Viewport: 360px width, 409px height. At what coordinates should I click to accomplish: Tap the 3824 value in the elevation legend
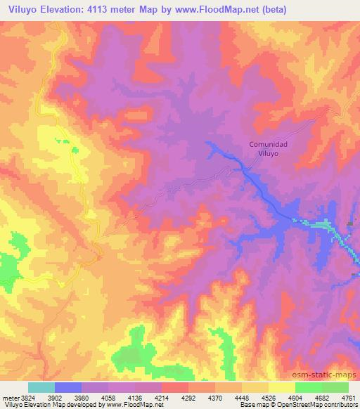[x=27, y=397]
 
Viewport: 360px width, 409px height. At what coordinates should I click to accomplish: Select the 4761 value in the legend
[x=349, y=397]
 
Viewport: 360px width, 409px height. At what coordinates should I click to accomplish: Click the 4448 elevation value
[x=242, y=397]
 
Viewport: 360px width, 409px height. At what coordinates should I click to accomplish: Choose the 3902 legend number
[x=54, y=397]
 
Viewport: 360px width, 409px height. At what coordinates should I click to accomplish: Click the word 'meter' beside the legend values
[x=9, y=397]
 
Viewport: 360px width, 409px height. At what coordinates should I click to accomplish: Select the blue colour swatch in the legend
[x=68, y=387]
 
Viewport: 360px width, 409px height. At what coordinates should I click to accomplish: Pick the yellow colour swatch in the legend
[x=281, y=387]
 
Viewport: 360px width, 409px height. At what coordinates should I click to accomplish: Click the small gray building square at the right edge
[x=351, y=224]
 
